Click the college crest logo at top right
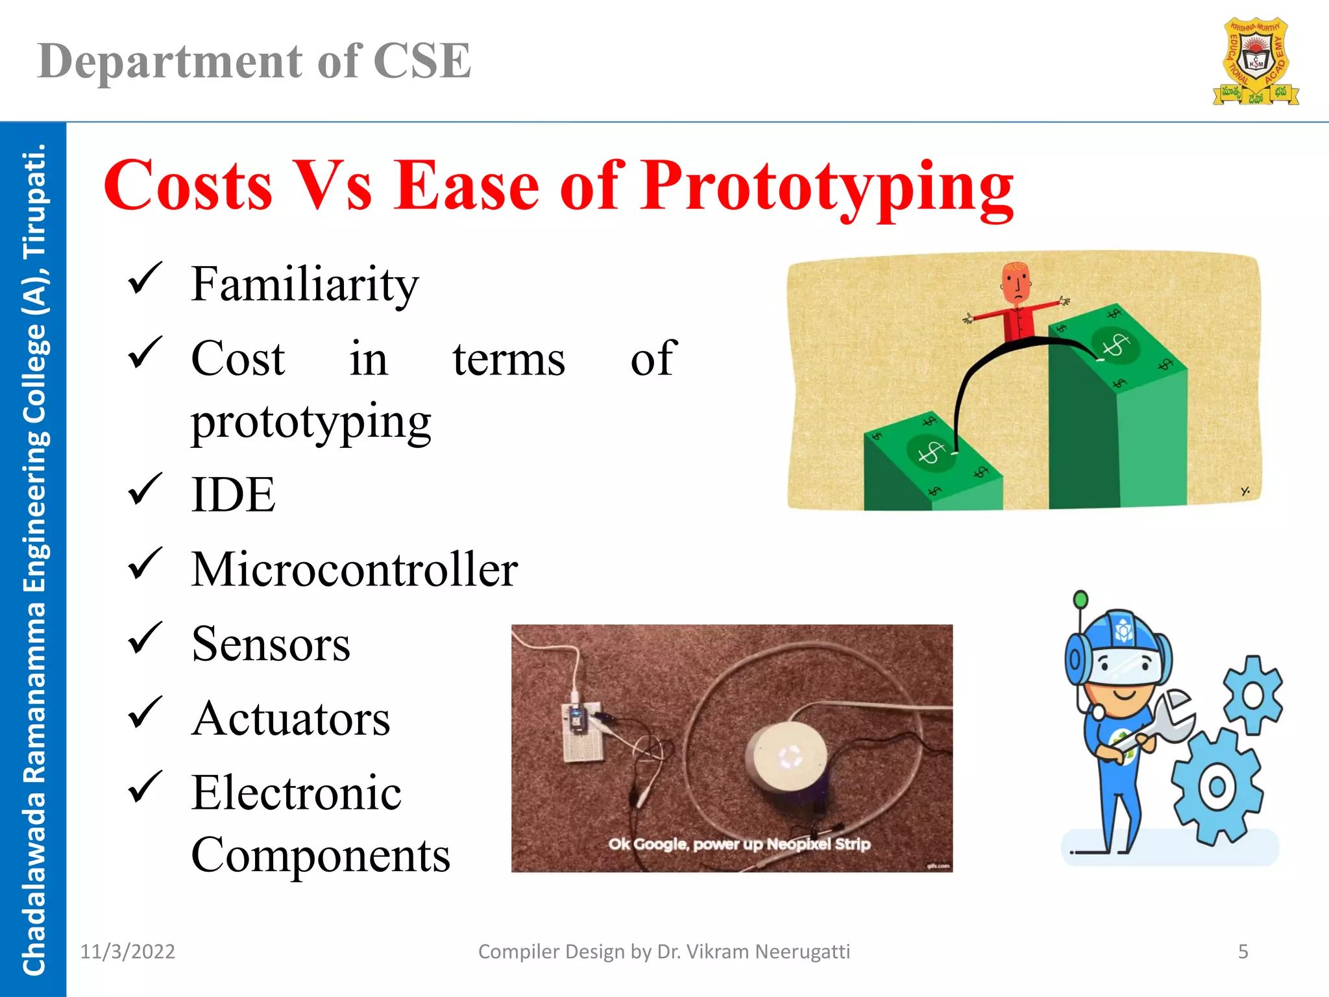coord(1256,62)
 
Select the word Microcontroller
coord(354,569)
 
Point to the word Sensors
coord(271,644)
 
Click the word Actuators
coord(291,719)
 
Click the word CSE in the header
coord(422,62)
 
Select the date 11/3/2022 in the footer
coord(127,952)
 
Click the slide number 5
coord(1243,952)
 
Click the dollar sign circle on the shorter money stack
coord(931,452)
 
